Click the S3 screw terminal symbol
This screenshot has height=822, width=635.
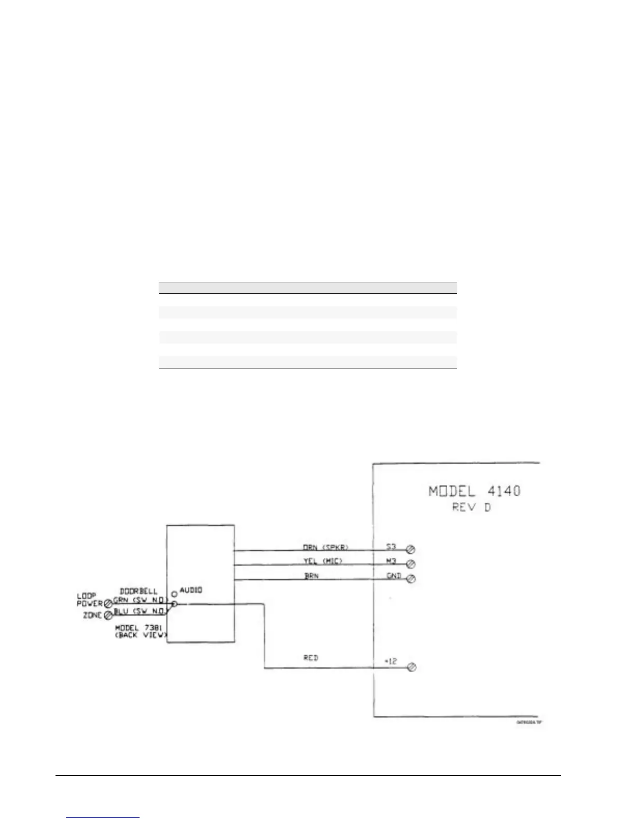410,550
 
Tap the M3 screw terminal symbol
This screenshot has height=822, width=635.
410,564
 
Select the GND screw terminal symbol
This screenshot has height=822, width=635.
410,579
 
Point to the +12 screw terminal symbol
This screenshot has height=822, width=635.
412,667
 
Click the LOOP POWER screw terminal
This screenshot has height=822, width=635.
108,604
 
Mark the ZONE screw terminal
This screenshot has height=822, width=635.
108,615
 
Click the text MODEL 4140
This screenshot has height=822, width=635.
474,490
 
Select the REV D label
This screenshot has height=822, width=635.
471,507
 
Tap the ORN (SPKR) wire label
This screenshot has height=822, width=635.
326,547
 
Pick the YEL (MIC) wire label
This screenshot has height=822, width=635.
323,561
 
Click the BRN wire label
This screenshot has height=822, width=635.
311,576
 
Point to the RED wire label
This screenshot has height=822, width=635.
311,658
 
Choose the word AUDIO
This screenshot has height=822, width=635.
191,591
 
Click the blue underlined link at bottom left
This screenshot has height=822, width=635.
103,816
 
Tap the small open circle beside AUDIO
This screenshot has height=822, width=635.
174,594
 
